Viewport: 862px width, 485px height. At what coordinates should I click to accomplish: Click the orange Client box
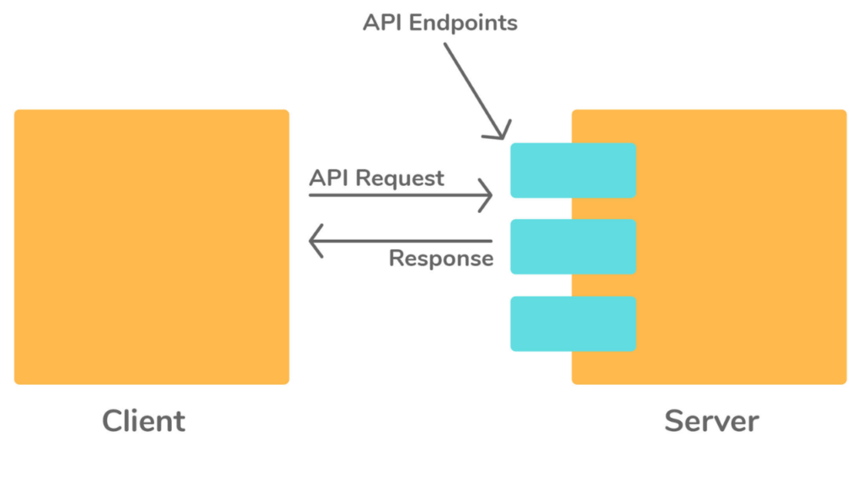click(x=152, y=247)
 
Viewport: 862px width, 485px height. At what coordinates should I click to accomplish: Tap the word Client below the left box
click(x=144, y=420)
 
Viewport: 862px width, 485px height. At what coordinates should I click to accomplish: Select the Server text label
click(x=711, y=420)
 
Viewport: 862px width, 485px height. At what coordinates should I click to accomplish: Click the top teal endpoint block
click(x=572, y=170)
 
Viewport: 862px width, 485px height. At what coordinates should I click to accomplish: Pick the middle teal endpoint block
click(x=572, y=247)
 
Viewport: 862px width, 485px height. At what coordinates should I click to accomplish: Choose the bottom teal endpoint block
click(x=572, y=323)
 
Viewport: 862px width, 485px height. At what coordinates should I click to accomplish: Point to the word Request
click(x=399, y=179)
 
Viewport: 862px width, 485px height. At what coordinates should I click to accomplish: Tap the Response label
click(x=441, y=258)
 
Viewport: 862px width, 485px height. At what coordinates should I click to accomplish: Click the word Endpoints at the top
click(x=463, y=23)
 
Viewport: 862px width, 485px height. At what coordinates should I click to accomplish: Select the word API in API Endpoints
click(x=382, y=23)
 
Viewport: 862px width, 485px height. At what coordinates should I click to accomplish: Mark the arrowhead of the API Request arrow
click(x=487, y=195)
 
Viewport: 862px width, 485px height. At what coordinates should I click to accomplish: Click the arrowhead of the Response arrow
click(x=315, y=241)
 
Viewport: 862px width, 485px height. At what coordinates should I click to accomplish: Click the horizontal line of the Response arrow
click(x=404, y=241)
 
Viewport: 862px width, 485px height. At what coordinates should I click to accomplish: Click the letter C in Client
click(x=113, y=420)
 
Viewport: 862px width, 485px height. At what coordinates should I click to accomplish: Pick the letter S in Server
click(x=673, y=420)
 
